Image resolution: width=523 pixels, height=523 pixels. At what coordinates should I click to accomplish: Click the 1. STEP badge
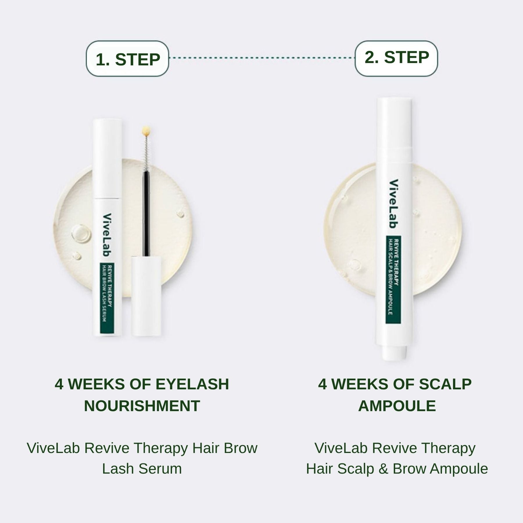pos(127,59)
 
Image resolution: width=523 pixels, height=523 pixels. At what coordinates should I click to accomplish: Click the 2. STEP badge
pos(396,58)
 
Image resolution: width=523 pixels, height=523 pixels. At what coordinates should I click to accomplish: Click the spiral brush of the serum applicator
pos(145,154)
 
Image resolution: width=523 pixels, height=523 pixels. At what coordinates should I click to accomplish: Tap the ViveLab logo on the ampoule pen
pos(394,203)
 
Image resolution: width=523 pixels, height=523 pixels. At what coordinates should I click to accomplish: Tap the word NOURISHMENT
pos(142,406)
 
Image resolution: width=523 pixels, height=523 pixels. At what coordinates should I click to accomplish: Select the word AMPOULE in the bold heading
pos(397,406)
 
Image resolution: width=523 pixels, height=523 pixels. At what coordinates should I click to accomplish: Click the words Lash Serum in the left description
pos(142,469)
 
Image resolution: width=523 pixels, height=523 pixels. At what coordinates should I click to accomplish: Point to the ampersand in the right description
pos(383,469)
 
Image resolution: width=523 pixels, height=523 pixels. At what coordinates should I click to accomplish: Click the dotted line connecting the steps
pos(261,58)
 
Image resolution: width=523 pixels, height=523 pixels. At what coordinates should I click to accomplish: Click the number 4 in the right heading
pos(323,384)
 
